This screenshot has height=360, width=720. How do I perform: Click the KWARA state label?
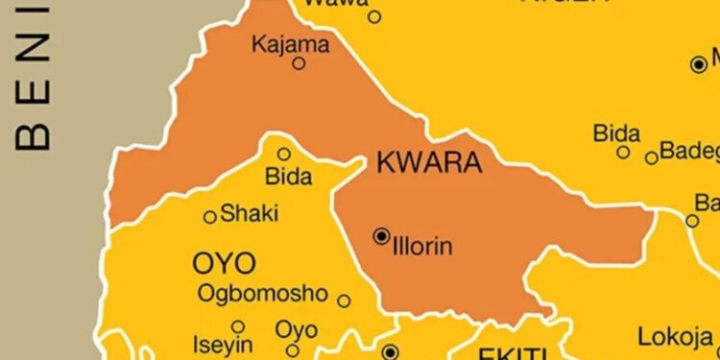[x=429, y=163]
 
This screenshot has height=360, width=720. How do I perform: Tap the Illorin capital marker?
[x=381, y=235]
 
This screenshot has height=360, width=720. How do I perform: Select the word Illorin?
[x=422, y=248]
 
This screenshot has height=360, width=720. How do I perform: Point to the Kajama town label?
[x=289, y=43]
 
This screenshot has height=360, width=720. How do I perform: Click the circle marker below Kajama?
[x=299, y=63]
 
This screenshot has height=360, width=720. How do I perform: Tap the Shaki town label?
[x=249, y=213]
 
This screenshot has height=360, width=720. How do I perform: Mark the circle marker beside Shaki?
[x=210, y=217]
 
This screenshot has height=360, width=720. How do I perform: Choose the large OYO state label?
[x=224, y=262]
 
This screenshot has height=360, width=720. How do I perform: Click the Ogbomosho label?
[x=262, y=294]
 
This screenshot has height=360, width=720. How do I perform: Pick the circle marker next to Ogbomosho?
[x=344, y=300]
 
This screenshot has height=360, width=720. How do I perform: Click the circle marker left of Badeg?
[x=652, y=157]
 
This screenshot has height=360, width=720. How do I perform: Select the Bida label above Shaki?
[x=288, y=177]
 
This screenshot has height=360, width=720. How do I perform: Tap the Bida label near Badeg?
[x=616, y=132]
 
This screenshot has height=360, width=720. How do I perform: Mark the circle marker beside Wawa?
[x=374, y=16]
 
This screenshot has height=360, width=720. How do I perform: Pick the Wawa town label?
[x=335, y=4]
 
